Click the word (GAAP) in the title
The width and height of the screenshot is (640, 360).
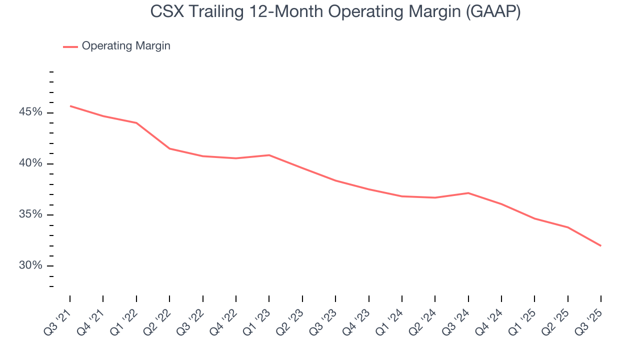[x=492, y=12]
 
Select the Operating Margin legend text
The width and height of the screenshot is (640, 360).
[x=126, y=46]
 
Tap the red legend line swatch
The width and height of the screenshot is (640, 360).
[x=70, y=46]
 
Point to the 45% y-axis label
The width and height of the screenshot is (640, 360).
[x=30, y=112]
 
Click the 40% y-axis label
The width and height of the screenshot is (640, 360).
[x=30, y=164]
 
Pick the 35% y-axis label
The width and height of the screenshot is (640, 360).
[x=30, y=215]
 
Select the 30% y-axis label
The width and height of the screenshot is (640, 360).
[x=30, y=265]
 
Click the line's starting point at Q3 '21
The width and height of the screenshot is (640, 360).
[x=70, y=106]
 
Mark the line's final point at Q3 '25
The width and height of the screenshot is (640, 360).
[x=600, y=245]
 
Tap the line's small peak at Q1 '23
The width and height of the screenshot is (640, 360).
[x=269, y=155]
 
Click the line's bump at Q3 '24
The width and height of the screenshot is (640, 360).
[x=468, y=193]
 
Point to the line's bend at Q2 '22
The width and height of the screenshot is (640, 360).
[x=169, y=148]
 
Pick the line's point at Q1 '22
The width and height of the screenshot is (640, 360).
[x=136, y=123]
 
